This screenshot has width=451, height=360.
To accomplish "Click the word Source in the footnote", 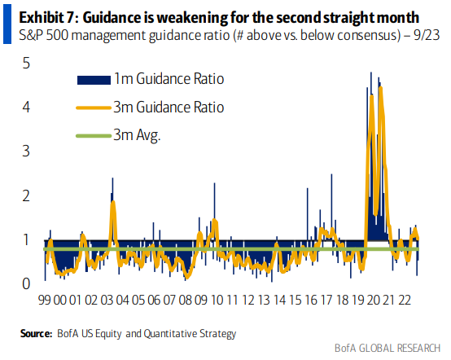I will tap(37, 334).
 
